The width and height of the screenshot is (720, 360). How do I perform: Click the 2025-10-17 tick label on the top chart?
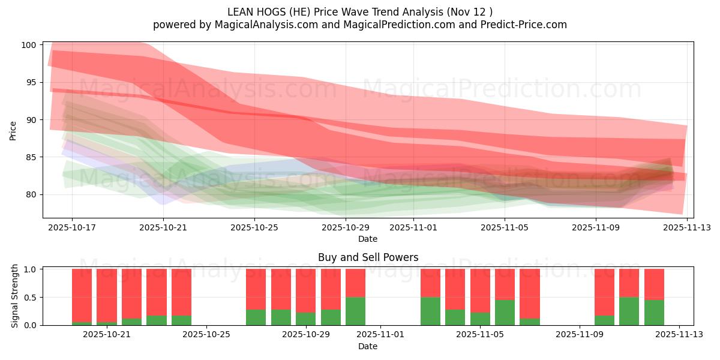(x=72, y=227)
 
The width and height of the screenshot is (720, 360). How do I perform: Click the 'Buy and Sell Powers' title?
(x=368, y=257)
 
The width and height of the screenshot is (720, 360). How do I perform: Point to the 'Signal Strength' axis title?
(x=15, y=296)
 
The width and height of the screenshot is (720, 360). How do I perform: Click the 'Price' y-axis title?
(x=13, y=130)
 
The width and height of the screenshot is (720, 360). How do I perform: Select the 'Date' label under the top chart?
(x=368, y=239)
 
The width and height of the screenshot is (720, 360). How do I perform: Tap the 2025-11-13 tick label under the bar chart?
(x=679, y=335)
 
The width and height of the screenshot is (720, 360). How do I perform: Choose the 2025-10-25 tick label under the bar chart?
(x=206, y=335)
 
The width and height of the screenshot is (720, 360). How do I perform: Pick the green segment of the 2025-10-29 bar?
(x=306, y=319)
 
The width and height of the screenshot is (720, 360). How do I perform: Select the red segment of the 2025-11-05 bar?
(x=480, y=290)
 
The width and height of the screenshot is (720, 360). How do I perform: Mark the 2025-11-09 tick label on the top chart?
(x=596, y=227)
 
